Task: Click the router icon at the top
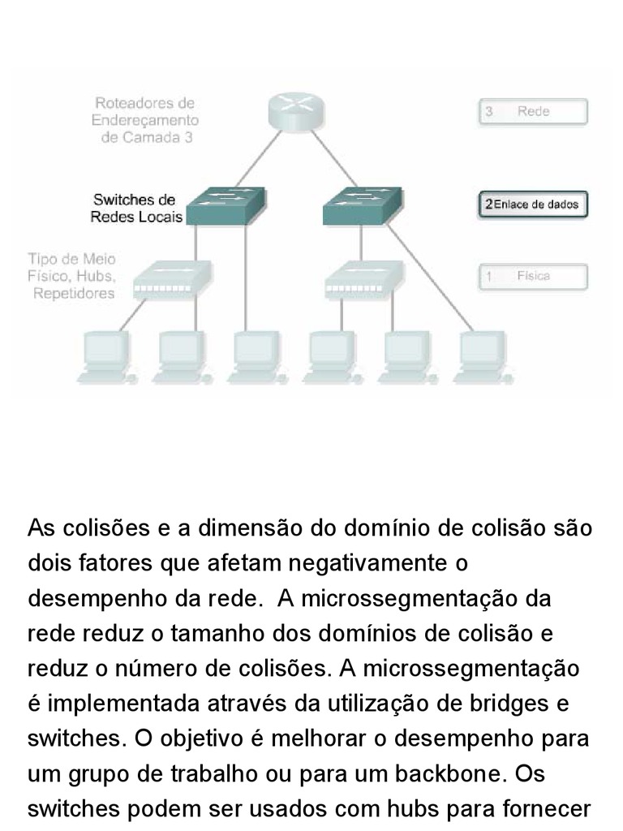click(x=296, y=110)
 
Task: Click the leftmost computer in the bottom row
click(x=105, y=356)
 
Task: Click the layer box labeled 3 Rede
click(x=532, y=112)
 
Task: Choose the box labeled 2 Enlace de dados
click(x=532, y=205)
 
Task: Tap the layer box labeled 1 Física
click(x=532, y=277)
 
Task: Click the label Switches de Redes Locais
click(x=135, y=209)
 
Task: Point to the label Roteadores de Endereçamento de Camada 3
click(x=146, y=120)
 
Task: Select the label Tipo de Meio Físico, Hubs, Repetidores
click(x=73, y=276)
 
